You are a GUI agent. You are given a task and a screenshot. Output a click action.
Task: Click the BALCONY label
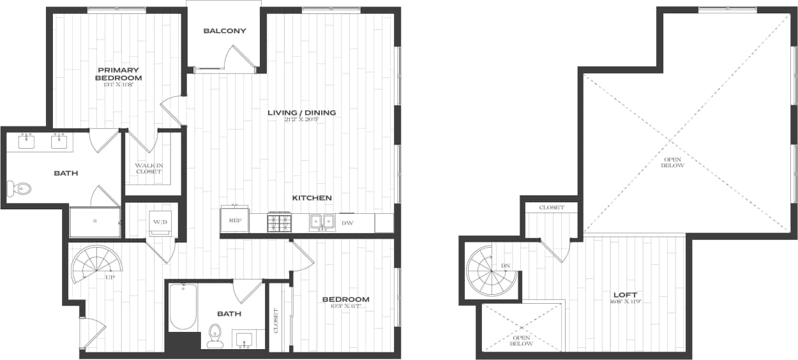(225, 31)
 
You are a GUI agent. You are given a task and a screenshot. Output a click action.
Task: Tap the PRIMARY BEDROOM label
(119, 73)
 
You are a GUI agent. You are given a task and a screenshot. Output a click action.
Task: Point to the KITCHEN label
(312, 198)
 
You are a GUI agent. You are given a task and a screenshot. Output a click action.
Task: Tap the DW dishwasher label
(347, 223)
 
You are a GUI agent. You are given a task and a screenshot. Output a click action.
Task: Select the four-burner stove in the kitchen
(279, 222)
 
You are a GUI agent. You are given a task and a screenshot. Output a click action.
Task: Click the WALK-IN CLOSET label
(148, 169)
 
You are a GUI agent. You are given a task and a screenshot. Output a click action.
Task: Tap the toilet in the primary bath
(20, 188)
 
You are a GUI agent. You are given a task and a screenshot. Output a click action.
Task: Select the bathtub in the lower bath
(183, 307)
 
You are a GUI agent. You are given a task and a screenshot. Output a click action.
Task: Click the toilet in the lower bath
(215, 335)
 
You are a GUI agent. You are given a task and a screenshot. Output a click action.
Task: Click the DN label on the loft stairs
(506, 265)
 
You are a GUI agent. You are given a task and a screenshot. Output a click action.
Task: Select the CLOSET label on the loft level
(552, 207)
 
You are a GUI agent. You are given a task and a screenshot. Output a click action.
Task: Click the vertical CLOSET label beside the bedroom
(276, 321)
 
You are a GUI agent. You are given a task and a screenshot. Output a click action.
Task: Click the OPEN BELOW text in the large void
(673, 162)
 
